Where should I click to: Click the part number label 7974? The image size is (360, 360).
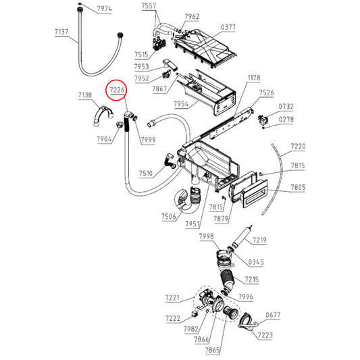coord(105,9)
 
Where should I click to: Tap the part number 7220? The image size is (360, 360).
coord(298,147)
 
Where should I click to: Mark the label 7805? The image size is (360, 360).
coord(298,187)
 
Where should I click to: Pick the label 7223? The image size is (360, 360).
coord(265,335)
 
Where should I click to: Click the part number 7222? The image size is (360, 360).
coord(172,318)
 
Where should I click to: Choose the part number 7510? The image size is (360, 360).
coord(147,174)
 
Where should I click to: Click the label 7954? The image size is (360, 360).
coord(180,104)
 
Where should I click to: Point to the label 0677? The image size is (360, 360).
coord(273,314)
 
